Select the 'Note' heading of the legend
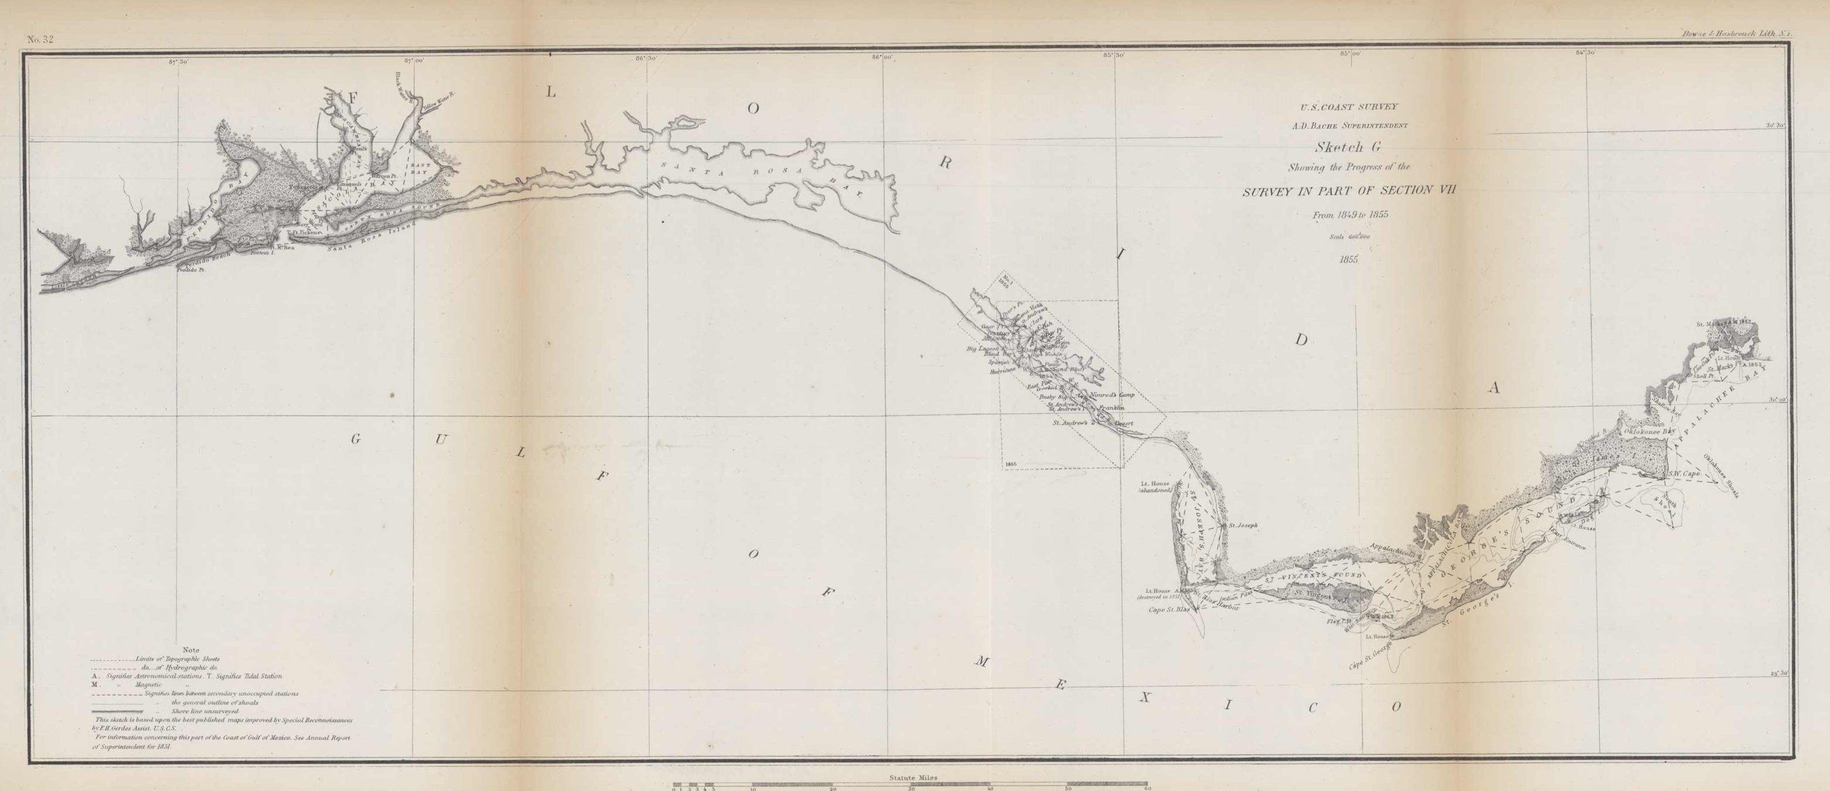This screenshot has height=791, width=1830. tap(191, 650)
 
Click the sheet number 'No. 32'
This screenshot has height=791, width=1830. tap(40, 40)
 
